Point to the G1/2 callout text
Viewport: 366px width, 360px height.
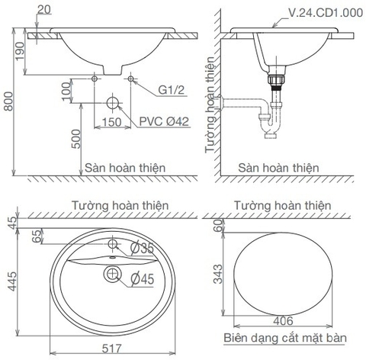pyautogui.click(x=172, y=90)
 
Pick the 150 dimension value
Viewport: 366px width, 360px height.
pyautogui.click(x=113, y=121)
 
